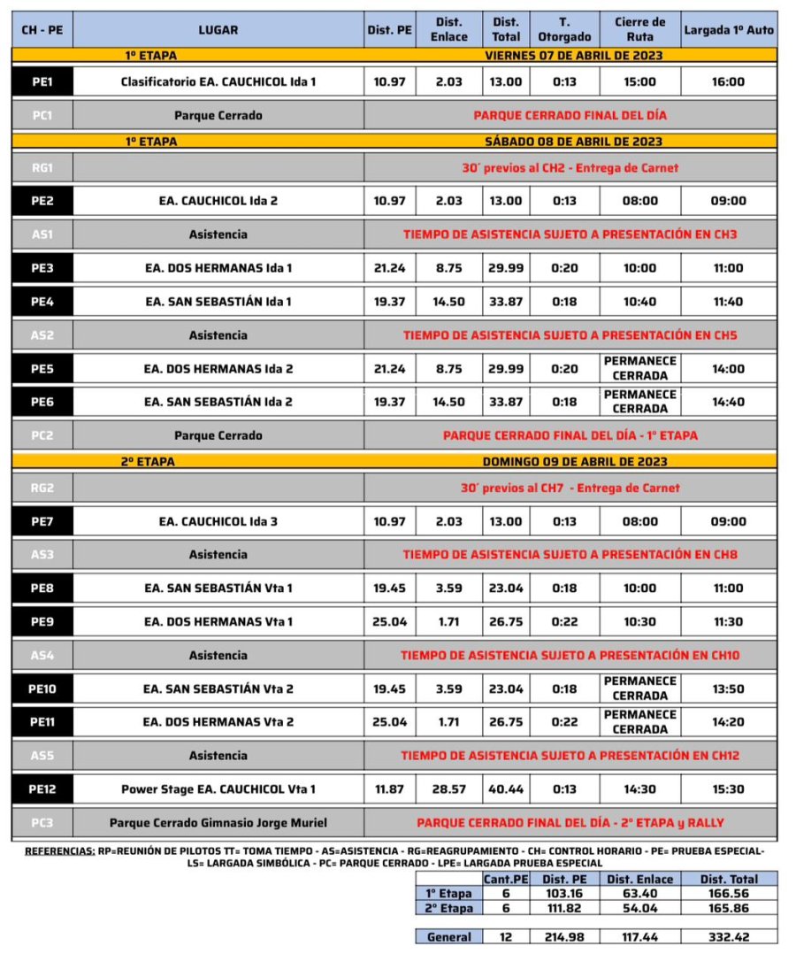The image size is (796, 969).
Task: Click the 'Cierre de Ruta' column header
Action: click(639, 29)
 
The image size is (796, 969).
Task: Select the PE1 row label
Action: click(42, 81)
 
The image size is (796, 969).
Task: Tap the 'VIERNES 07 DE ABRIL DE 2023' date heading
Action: click(574, 55)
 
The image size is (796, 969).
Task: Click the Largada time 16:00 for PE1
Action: click(728, 81)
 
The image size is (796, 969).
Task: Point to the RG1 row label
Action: click(42, 167)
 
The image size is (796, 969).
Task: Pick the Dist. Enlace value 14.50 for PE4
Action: click(449, 301)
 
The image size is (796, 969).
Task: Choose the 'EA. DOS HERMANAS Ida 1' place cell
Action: click(218, 268)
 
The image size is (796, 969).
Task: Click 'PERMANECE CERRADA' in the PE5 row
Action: click(639, 368)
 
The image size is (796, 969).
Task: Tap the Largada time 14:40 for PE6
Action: click(728, 402)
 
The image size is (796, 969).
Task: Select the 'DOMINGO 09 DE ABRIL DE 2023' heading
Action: click(572, 461)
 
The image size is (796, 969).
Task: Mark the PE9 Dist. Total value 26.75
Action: click(506, 621)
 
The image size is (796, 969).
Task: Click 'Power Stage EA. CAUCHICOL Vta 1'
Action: click(218, 788)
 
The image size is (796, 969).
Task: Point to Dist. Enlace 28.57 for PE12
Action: click(449, 788)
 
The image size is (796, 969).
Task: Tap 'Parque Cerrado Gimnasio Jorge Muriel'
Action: click(218, 822)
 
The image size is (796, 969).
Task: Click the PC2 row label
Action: click(42, 435)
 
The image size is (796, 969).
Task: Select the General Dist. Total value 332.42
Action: click(728, 936)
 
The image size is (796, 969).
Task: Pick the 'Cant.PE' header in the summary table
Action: click(506, 879)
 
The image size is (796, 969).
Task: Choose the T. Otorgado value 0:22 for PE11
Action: click(564, 722)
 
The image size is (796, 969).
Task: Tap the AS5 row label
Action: click(42, 756)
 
